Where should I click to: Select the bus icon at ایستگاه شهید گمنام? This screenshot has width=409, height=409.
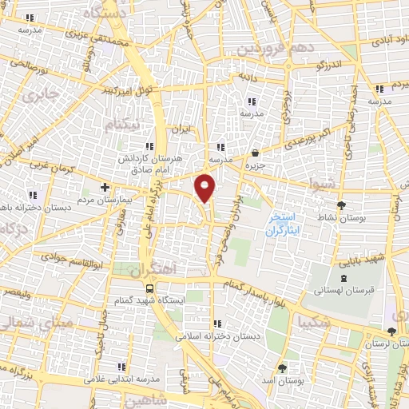[149, 288]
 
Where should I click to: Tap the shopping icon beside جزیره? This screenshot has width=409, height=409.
[254, 153]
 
